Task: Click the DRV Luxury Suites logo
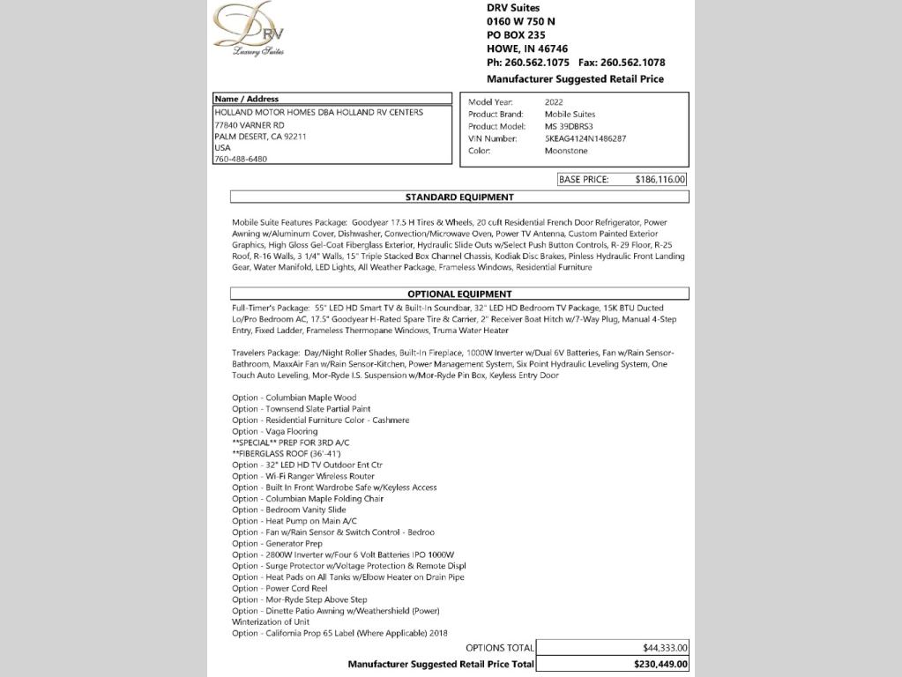pos(250,29)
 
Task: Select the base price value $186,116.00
pos(660,180)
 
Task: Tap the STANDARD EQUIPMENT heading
pos(459,197)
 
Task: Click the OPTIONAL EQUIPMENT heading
pos(459,294)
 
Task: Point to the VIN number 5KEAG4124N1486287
pos(585,139)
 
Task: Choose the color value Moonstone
pos(565,151)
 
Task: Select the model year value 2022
pos(554,102)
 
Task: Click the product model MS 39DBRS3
pos(569,127)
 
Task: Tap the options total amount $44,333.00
pos(665,648)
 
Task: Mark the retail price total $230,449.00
pos(660,665)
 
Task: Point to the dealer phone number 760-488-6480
pos(241,160)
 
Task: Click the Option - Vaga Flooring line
pos(274,432)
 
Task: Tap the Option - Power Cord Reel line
pos(280,589)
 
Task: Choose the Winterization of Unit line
pos(271,622)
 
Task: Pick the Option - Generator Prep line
pos(277,544)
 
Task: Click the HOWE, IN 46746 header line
pos(527,49)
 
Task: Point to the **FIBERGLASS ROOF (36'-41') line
pos(286,454)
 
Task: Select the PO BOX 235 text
pos(516,35)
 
